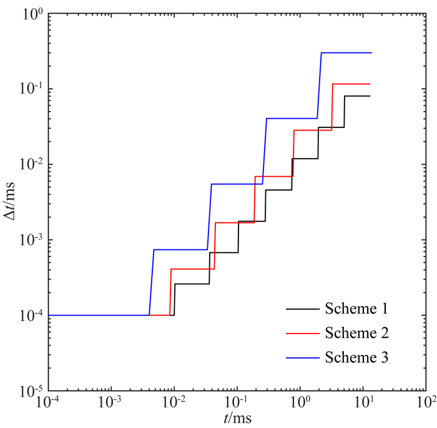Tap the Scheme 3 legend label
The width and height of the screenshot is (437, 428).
tap(357, 357)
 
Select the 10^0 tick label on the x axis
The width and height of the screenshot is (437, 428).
tap(300, 402)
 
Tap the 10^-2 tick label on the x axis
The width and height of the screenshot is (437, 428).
tap(173, 402)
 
